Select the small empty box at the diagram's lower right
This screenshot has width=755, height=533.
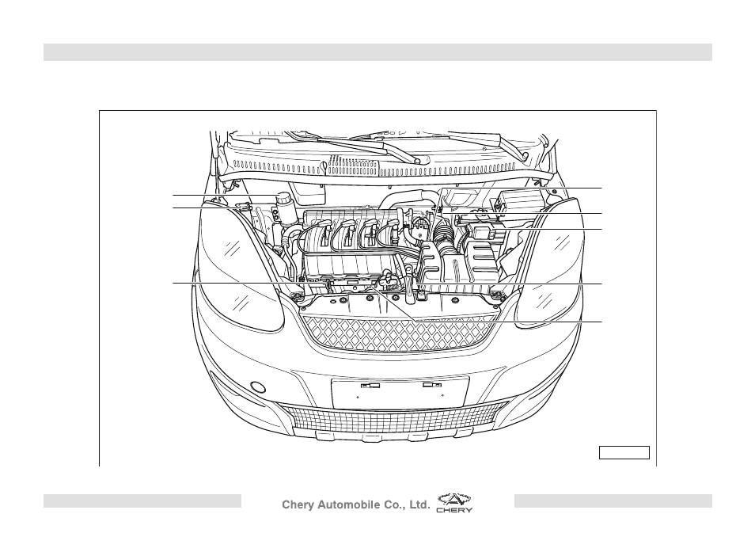[624, 452]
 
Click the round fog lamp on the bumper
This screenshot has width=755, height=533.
[258, 387]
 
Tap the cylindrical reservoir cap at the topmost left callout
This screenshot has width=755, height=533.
[283, 198]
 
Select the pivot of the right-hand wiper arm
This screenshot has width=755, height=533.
[525, 156]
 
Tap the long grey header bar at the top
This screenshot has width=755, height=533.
[377, 52]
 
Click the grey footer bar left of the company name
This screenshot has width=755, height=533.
[142, 501]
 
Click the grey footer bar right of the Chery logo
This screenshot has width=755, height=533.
[613, 501]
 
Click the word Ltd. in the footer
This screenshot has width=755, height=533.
[419, 504]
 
